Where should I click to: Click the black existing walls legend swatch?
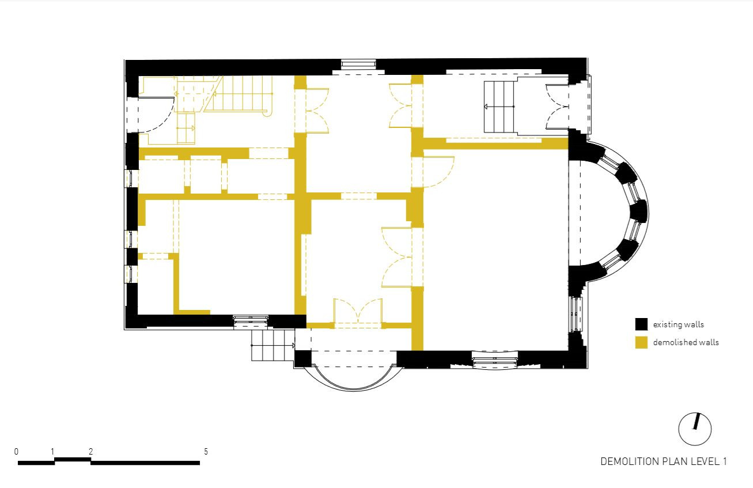pos(641,324)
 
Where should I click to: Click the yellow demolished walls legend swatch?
pos(641,342)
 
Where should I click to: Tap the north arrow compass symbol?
pos(695,429)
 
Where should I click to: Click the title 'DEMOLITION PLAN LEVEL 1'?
pos(664,461)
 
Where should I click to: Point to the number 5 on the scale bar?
pos(206,452)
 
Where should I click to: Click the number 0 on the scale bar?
pos(17,452)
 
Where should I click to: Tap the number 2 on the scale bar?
pos(90,452)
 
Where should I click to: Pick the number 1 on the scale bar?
pos(53,452)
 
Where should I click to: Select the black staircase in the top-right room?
pos(499,107)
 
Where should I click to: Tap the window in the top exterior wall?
pos(358,64)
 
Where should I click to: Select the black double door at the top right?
pos(557,107)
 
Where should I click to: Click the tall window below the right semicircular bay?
pos(576,313)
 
